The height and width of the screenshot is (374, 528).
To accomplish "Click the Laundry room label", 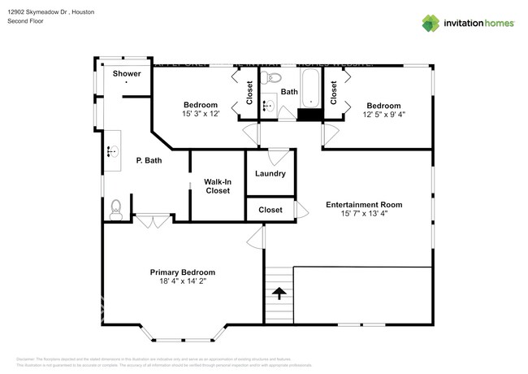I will [270, 173].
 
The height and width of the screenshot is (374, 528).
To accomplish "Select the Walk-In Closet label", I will [217, 186].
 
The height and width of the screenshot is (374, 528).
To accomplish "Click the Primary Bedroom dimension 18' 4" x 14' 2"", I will [182, 281].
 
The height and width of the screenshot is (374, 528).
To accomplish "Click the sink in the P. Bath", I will [111, 150].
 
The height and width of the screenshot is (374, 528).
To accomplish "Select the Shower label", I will [127, 74].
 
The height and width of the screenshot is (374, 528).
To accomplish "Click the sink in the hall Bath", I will [269, 106].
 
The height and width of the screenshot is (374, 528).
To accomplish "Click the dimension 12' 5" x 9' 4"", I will [383, 115].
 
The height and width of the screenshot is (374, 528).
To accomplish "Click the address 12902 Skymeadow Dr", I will [41, 11].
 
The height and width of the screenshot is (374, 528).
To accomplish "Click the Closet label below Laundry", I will [270, 210].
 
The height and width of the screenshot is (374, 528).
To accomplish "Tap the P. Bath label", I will [146, 161].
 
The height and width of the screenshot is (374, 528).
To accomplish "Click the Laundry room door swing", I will [278, 154].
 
